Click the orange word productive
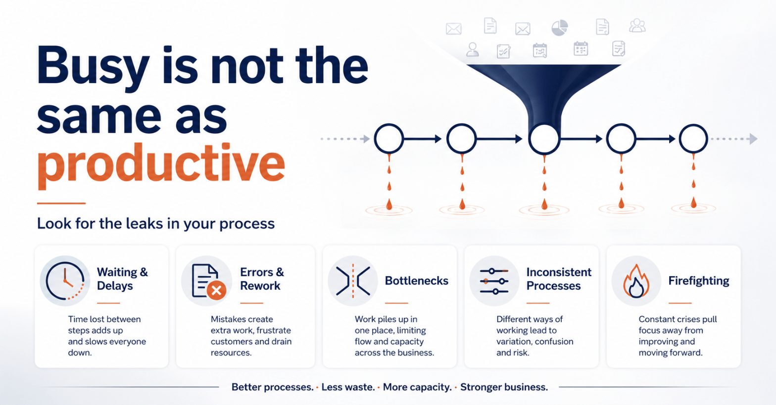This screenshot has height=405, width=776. [161, 165]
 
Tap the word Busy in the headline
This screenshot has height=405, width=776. [93, 67]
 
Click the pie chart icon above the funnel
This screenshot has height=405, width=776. [559, 27]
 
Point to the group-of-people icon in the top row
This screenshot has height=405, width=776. [637, 25]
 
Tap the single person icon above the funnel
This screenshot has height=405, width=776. [473, 50]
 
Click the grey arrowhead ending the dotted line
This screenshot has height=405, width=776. [753, 139]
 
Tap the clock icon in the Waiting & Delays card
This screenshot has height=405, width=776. [65, 281]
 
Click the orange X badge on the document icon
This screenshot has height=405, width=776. [217, 290]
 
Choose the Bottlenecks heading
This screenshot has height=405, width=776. [416, 281]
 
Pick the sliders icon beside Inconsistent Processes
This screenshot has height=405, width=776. [494, 281]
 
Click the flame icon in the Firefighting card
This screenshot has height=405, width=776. [636, 281]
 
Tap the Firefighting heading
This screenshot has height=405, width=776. [699, 281]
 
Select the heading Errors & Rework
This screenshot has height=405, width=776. [262, 279]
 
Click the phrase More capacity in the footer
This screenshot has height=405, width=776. [417, 387]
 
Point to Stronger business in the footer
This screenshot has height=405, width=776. [504, 387]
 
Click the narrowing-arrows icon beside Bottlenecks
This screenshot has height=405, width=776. [353, 281]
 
